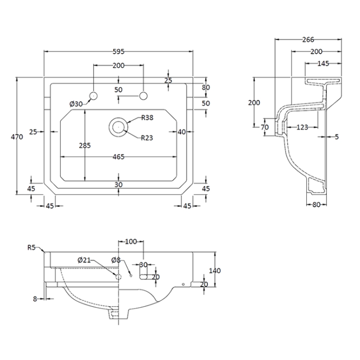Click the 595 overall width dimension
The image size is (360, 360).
(118, 51)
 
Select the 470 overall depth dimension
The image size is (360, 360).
(17, 137)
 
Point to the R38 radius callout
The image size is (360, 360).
(147, 118)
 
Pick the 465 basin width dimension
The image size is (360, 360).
(118, 157)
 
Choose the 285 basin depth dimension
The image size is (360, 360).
(85, 145)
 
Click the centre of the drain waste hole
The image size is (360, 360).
(119, 126)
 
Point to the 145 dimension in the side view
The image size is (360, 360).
(323, 64)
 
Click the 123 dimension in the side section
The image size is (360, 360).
(303, 126)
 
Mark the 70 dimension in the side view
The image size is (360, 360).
(265, 126)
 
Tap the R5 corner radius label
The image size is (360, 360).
(32, 247)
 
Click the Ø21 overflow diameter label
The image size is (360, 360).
(84, 260)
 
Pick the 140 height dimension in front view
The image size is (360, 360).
(215, 271)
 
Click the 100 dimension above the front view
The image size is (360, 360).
(131, 242)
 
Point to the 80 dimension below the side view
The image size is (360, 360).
(317, 204)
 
